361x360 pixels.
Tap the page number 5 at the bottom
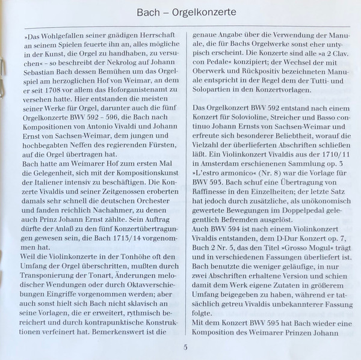point(185,347)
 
